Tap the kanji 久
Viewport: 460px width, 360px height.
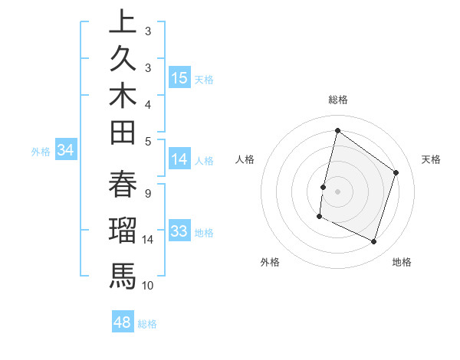pos(123,60)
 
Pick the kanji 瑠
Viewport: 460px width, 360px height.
pos(123,230)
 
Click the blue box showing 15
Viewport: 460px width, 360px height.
pos(179,78)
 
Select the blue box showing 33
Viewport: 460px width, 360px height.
pos(179,231)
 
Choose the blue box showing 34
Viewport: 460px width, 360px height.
pos(66,151)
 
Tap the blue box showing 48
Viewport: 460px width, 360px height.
pos(123,322)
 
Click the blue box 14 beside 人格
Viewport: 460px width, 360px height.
pos(179,159)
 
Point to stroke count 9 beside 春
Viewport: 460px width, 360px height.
pos(147,194)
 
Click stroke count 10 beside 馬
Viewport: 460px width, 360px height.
pos(148,286)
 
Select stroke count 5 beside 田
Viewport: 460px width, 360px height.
pos(147,141)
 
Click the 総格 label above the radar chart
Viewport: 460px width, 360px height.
pos(337,100)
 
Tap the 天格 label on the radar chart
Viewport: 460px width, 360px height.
pos(431,159)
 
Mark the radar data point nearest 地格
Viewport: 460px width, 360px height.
pos(374,242)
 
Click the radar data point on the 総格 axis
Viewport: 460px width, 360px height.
pos(337,131)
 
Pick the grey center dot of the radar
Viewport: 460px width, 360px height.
pos(337,191)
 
